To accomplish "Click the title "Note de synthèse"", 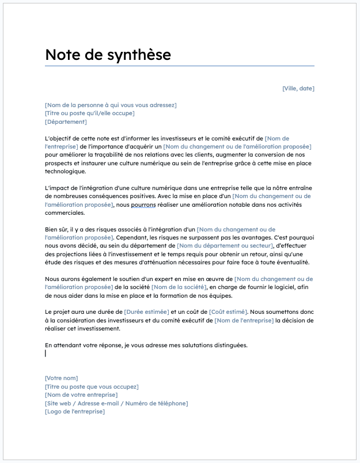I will pyautogui.click(x=108, y=55).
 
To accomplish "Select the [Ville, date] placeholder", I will pyautogui.click(x=298, y=88).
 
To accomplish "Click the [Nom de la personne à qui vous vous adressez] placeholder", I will pyautogui.click(x=111, y=105).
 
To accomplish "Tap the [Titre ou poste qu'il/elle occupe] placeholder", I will pyautogui.click(x=89, y=113).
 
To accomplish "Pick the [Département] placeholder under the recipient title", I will pyautogui.click(x=66, y=122).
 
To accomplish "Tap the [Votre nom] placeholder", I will pyautogui.click(x=61, y=378).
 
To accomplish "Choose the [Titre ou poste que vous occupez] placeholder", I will pyautogui.click(x=92, y=386).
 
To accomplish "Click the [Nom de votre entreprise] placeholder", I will pyautogui.click(x=81, y=394).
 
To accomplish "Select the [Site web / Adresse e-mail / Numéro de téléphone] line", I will pyautogui.click(x=116, y=403).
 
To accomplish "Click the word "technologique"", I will pyautogui.click(x=65, y=172).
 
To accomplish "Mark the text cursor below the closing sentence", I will pyautogui.click(x=46, y=353).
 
